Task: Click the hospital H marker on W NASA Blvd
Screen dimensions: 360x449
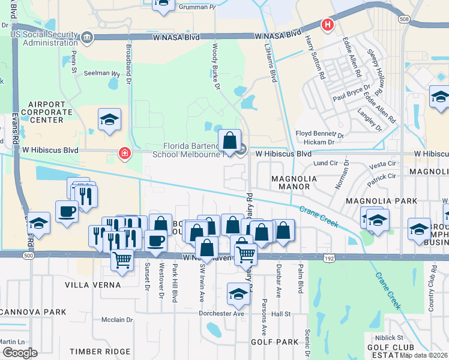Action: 327,25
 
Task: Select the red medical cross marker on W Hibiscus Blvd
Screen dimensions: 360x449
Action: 124,154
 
